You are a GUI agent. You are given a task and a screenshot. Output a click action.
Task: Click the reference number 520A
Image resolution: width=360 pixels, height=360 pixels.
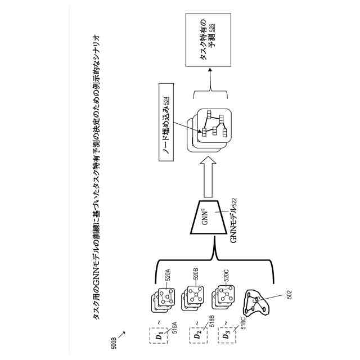pos(168,277)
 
